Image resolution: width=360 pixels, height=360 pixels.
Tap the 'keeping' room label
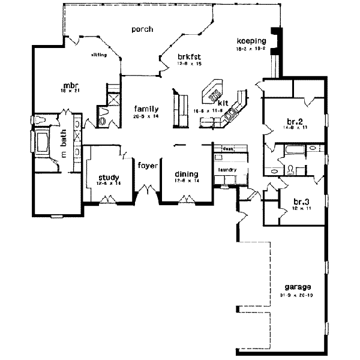point(251,41)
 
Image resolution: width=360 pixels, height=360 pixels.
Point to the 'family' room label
point(146,109)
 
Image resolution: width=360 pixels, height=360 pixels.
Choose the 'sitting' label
point(99,54)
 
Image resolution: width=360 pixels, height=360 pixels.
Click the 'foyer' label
point(148,165)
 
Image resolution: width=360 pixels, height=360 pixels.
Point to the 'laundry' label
point(227,170)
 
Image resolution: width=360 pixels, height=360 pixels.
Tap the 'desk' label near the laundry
point(227,148)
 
